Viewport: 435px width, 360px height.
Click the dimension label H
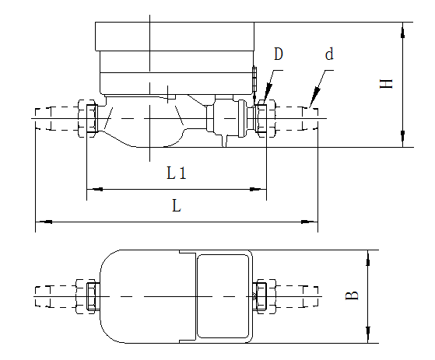[386, 83]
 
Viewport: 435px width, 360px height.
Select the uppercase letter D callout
[278, 54]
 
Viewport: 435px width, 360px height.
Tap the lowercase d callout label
[329, 54]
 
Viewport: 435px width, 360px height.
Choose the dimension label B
[353, 295]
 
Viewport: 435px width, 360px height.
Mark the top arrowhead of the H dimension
[402, 30]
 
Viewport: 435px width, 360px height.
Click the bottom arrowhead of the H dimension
[402, 139]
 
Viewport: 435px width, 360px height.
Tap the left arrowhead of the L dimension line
[43, 223]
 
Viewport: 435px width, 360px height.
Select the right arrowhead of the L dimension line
[310, 223]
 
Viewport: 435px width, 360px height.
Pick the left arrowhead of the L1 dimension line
[93, 188]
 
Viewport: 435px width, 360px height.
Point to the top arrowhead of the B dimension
[368, 257]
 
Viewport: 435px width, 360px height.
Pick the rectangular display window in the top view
[223, 296]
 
